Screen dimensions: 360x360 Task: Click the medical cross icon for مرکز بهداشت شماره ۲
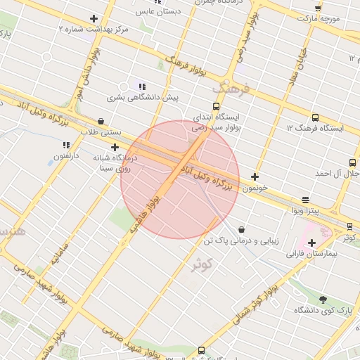(94, 19)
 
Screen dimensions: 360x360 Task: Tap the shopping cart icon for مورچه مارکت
(318, 8)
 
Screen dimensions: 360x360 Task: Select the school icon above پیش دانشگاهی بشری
(142, 86)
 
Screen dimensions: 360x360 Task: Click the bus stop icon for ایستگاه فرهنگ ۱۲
(314, 117)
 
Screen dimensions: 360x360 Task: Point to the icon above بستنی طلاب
(101, 121)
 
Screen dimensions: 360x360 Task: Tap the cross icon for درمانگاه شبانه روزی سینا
(115, 147)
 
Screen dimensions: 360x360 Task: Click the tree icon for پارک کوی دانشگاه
(323, 300)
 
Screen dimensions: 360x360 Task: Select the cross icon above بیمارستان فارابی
(311, 243)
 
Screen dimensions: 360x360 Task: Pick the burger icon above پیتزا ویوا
(305, 200)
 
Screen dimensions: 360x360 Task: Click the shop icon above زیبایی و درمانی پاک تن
(242, 229)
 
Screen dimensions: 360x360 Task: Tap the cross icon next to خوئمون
(255, 177)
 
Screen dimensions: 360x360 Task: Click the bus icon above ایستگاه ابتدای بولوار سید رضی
(216, 89)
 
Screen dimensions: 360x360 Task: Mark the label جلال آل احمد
(337, 173)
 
